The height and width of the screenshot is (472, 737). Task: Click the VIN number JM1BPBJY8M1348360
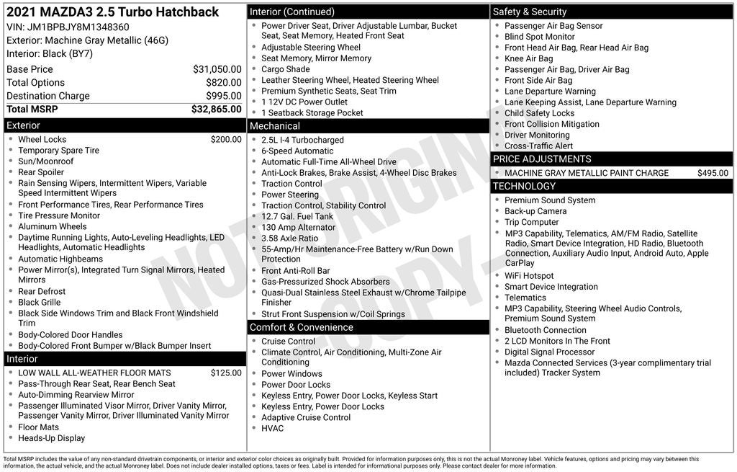point(78,27)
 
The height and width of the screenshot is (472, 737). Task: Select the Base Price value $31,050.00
point(217,69)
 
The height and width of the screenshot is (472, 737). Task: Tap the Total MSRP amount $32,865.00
point(217,110)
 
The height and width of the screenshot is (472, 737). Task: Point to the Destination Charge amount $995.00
point(224,96)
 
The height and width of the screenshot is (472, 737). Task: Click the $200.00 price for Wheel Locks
point(226,140)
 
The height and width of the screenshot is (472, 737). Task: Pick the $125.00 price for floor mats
point(226,373)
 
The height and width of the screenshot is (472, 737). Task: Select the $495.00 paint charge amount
point(713,173)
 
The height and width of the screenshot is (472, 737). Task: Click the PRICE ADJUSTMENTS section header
point(542,159)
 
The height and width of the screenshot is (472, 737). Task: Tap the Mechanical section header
point(275,126)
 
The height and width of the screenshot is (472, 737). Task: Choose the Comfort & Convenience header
point(302,327)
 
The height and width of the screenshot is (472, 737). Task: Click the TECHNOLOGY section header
point(525,187)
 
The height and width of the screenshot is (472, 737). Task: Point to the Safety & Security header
point(530,12)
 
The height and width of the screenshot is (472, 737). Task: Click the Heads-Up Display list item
point(51,438)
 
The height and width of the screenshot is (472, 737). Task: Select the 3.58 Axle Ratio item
point(289,239)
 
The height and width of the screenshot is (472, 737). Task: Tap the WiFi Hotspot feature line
point(529,276)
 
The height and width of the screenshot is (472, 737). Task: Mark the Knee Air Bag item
point(529,59)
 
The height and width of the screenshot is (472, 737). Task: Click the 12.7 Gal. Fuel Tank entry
point(297,216)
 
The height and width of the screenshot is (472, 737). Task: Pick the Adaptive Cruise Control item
point(306,417)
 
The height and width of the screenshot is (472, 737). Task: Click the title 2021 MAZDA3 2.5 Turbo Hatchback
point(112,12)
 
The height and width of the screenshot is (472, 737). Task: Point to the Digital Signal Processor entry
point(550,352)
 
